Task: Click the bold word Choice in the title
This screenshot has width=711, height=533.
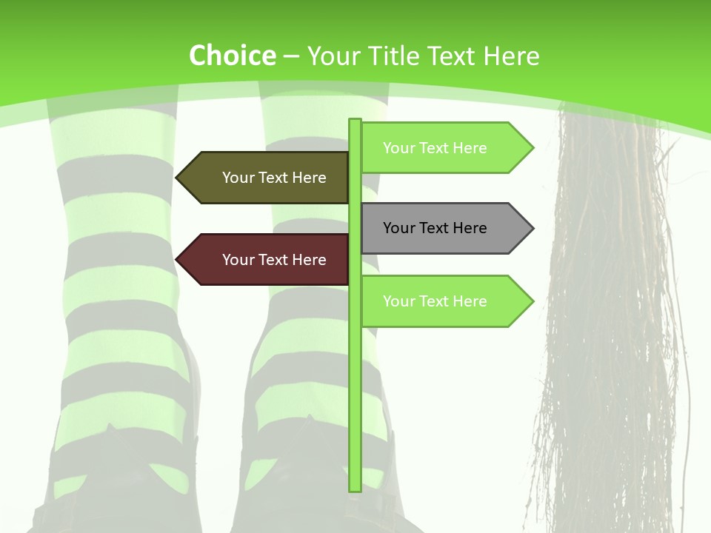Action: click(x=232, y=56)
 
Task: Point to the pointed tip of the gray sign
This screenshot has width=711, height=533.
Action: click(x=532, y=228)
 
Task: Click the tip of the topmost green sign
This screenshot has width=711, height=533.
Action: click(x=532, y=148)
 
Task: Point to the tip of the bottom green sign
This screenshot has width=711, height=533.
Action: click(x=532, y=301)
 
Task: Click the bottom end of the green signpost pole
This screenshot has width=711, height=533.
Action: click(x=355, y=488)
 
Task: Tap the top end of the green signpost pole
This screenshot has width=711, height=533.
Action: click(x=355, y=121)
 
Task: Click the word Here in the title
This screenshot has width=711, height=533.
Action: click(x=511, y=56)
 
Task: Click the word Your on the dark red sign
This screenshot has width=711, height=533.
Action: click(x=238, y=260)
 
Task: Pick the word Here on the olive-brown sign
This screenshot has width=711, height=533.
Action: click(x=309, y=178)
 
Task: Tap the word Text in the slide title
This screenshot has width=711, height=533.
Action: click(x=453, y=56)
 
